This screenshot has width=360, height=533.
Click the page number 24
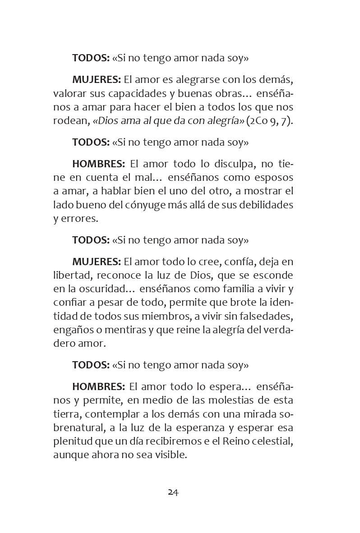coord(173,492)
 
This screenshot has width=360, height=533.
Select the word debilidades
coord(263,205)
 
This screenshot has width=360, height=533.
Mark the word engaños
coord(73,330)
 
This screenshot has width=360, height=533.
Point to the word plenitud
coord(72,441)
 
